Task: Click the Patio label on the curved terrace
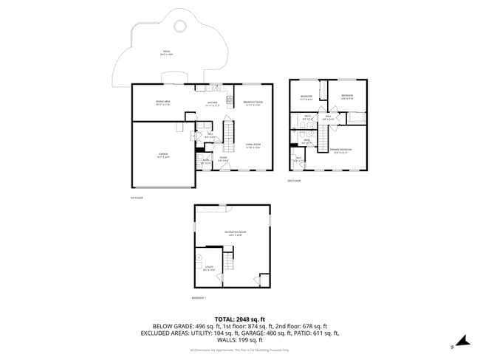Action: (167, 53)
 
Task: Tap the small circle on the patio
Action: (179, 27)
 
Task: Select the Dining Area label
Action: (163, 103)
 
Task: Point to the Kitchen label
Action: (212, 103)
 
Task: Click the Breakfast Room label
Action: (253, 103)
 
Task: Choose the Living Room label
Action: (254, 145)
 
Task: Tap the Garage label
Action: (163, 155)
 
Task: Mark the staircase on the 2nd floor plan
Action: (323, 137)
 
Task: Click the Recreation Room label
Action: (236, 233)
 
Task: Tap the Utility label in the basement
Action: (209, 268)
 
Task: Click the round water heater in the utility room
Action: (199, 258)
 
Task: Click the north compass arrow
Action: (462, 341)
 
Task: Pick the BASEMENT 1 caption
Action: (200, 298)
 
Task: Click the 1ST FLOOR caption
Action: (136, 198)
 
